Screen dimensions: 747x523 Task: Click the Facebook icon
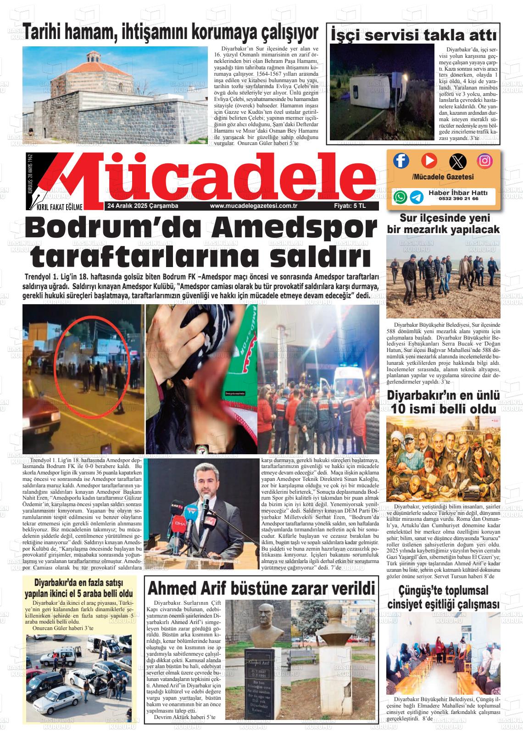[x=401, y=161]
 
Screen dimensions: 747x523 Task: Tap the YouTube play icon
[x=429, y=161]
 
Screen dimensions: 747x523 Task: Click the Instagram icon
[x=484, y=161]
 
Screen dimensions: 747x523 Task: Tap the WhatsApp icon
[x=401, y=197]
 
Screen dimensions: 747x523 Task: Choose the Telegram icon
[x=417, y=197]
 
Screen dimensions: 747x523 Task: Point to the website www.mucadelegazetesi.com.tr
[x=254, y=206]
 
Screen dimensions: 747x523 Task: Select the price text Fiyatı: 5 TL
[x=349, y=206]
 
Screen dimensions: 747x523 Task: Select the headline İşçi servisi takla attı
[x=413, y=34]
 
